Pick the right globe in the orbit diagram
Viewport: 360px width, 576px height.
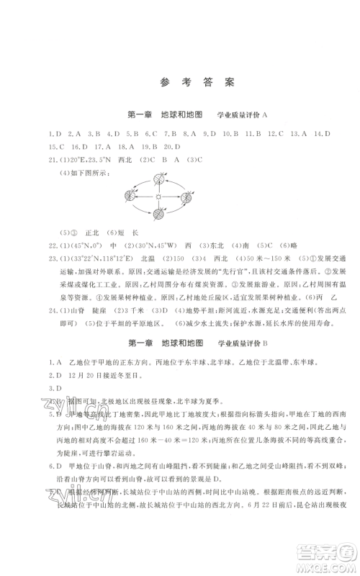tap(187, 197)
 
